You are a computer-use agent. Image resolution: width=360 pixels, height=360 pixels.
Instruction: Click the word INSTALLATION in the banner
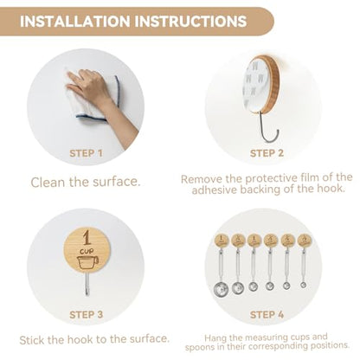[75, 22]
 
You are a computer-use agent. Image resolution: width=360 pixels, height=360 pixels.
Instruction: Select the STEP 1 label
[86, 153]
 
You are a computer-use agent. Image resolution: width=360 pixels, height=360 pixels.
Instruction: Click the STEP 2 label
[267, 153]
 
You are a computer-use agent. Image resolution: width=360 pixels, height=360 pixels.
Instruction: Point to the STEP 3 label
[86, 314]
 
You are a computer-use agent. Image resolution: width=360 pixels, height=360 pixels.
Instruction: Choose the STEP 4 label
[267, 314]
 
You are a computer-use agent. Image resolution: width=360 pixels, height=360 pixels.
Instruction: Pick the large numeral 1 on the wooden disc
[87, 237]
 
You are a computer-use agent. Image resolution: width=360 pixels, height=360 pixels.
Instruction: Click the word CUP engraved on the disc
[87, 252]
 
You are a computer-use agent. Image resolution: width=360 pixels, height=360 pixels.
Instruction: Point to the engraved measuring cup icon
[87, 262]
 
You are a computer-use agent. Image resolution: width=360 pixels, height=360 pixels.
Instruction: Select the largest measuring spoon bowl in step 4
[222, 289]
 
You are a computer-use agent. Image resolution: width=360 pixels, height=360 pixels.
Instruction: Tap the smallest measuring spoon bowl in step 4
[303, 285]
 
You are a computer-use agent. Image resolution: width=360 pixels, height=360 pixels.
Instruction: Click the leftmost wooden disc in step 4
[222, 241]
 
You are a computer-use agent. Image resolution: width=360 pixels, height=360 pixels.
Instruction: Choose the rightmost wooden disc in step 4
[304, 241]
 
